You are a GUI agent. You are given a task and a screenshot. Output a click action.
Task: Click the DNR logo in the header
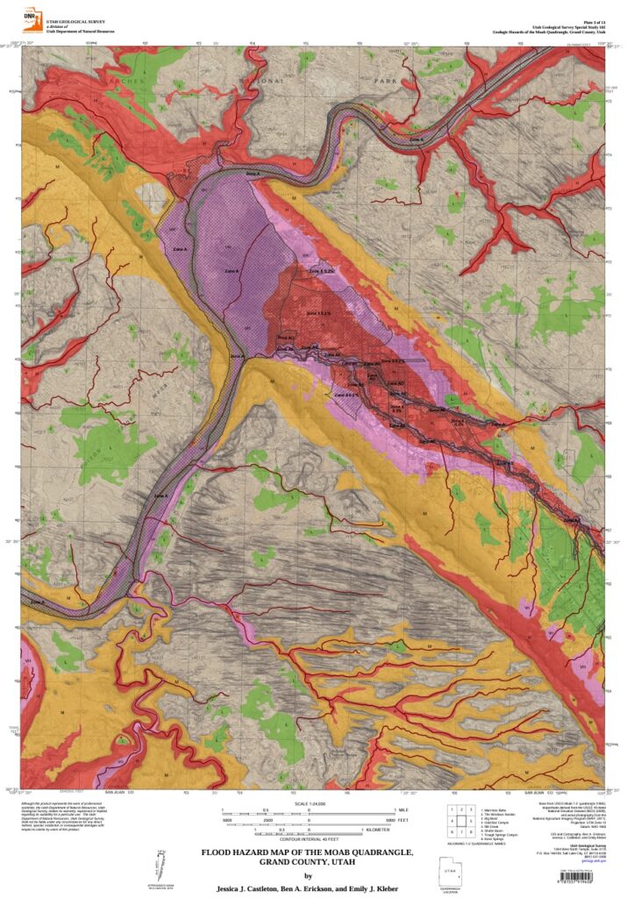(32, 17)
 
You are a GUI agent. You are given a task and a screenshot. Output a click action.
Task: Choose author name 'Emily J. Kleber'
(377, 888)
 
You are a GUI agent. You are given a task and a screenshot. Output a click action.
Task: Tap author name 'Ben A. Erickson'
(314, 888)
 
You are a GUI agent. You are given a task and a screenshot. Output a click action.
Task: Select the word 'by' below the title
(307, 875)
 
